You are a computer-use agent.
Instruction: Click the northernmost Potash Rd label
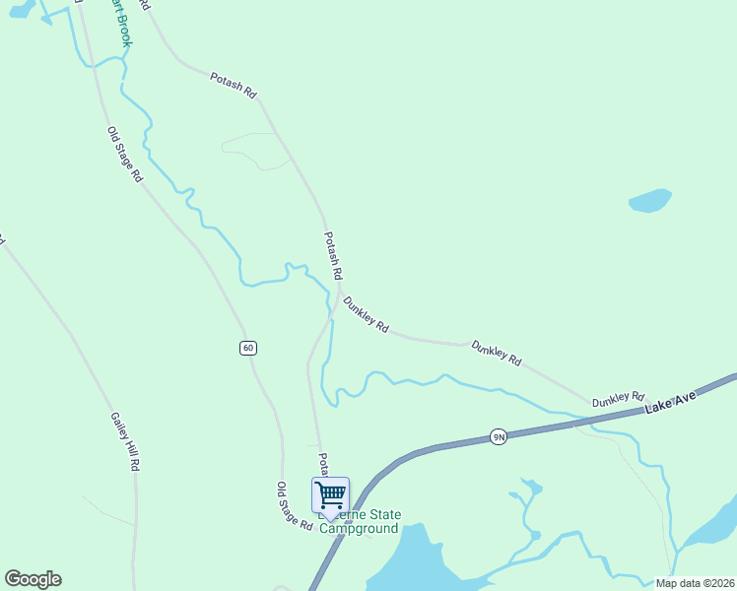pyautogui.click(x=234, y=86)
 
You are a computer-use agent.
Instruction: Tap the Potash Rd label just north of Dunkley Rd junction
pyautogui.click(x=333, y=255)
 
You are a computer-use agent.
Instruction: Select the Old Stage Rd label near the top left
pyautogui.click(x=126, y=154)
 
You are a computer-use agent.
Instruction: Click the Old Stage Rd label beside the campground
pyautogui.click(x=294, y=506)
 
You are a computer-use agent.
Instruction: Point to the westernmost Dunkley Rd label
pyautogui.click(x=367, y=313)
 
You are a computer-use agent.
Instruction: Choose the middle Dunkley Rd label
pyautogui.click(x=496, y=353)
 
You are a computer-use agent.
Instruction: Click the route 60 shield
pyautogui.click(x=247, y=348)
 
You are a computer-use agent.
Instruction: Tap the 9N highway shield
pyautogui.click(x=499, y=436)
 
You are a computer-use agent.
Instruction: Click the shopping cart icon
pyautogui.click(x=330, y=493)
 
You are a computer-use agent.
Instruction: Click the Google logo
pyautogui.click(x=33, y=579)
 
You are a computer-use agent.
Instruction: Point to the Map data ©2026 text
pyautogui.click(x=695, y=582)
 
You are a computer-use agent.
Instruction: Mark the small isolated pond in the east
pyautogui.click(x=649, y=201)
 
